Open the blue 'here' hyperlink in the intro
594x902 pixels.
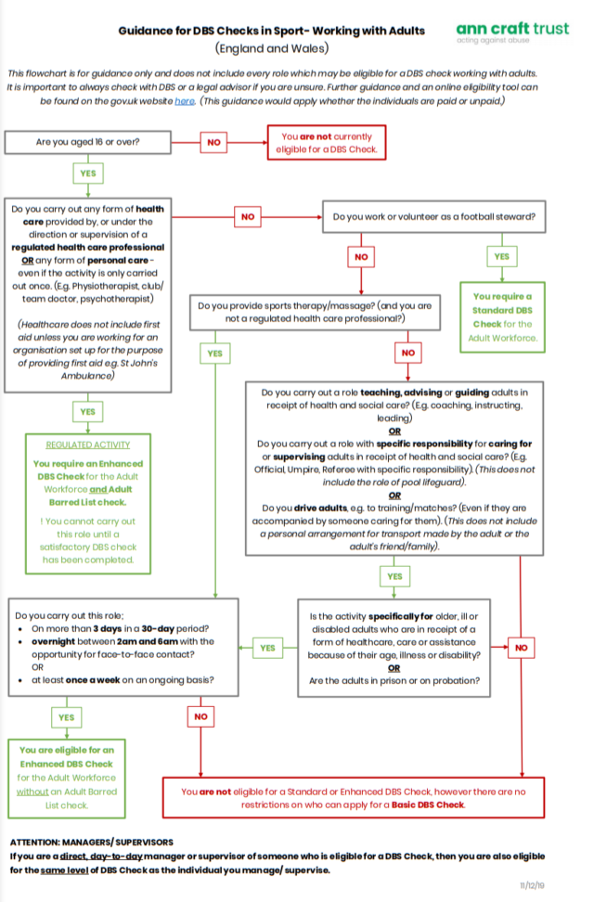coord(183,100)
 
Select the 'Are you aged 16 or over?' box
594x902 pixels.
coord(89,142)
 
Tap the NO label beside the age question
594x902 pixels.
coord(213,142)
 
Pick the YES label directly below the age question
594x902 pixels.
coord(85,174)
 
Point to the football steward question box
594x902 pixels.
coord(433,216)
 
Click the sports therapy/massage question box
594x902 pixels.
coord(315,311)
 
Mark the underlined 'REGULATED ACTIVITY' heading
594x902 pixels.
coord(88,445)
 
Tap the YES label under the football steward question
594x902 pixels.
coord(501,256)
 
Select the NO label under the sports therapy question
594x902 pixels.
coord(407,353)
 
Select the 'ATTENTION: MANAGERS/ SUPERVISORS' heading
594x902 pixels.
coord(91,842)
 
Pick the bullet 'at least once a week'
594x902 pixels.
coord(136,680)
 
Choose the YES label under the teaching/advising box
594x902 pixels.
coord(394,576)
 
